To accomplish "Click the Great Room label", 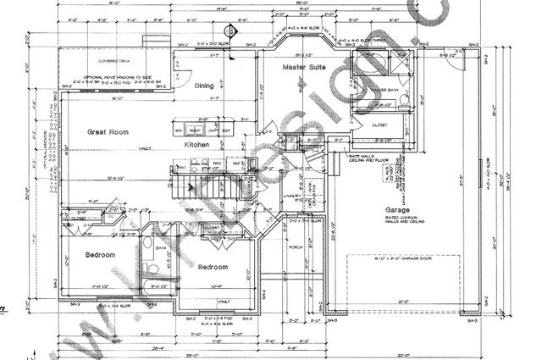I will click(x=108, y=131).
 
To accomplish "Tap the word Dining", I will click(x=204, y=86).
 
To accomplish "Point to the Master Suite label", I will click(x=304, y=66).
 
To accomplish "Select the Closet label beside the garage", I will click(x=379, y=125).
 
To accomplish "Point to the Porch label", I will click(x=296, y=247).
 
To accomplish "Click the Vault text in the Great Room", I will click(x=146, y=148).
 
